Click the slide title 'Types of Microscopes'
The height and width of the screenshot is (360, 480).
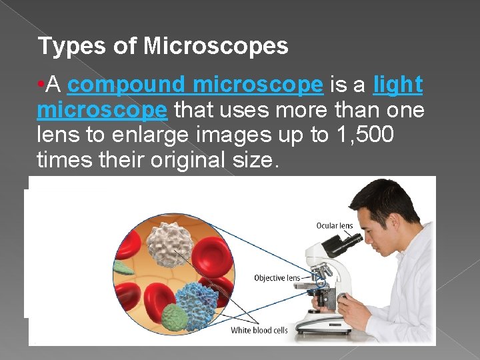[x=163, y=46]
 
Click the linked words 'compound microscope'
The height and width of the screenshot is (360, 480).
[x=195, y=85]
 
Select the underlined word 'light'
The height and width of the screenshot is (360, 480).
[x=397, y=85]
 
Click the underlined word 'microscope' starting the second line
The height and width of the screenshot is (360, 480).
[x=102, y=110]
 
